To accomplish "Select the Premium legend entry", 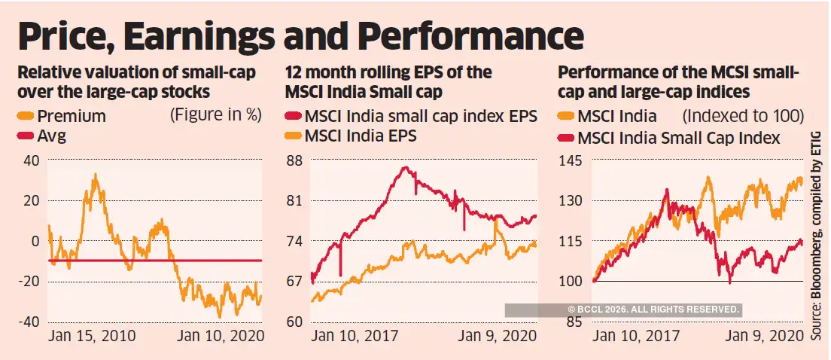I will point(71,116).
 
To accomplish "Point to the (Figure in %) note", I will point(215,115).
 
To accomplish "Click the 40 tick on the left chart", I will point(31,160).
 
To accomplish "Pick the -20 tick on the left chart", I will point(28,281).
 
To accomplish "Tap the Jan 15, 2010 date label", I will point(92,336).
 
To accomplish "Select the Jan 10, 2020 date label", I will point(221,336).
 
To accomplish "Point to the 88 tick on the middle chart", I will point(294,160).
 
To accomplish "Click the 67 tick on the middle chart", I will point(294,281).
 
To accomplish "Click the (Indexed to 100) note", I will point(743,116).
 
